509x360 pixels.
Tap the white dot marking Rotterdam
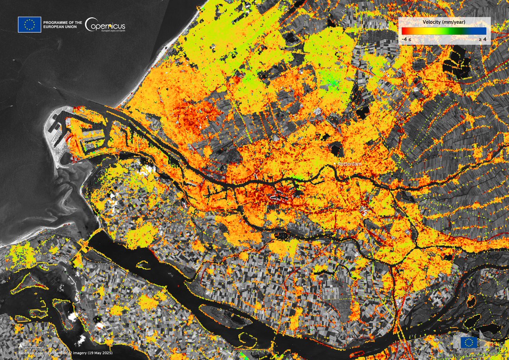[x=335, y=163]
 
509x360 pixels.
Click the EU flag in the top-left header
[x=29, y=25]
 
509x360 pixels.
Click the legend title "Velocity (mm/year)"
[x=444, y=22]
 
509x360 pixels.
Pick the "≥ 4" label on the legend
[x=482, y=39]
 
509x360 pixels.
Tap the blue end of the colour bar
[x=483, y=31]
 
